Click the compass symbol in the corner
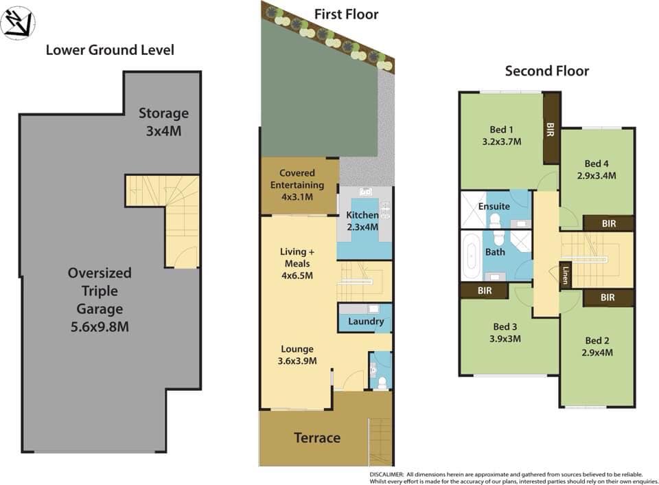[18, 23]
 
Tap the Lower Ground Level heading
[110, 50]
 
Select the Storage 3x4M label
[163, 122]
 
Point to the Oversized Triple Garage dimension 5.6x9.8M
[100, 327]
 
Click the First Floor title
[346, 14]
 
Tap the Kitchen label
[362, 215]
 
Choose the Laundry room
[365, 318]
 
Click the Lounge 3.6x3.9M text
[297, 354]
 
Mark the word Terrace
[317, 438]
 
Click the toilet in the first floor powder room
[382, 382]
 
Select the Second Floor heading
[547, 71]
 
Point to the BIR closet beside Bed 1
[551, 128]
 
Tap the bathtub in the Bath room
[472, 256]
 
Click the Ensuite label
[494, 206]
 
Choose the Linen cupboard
[565, 275]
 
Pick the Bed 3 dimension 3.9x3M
[505, 339]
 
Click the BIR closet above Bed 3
[485, 291]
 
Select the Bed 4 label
[597, 163]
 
